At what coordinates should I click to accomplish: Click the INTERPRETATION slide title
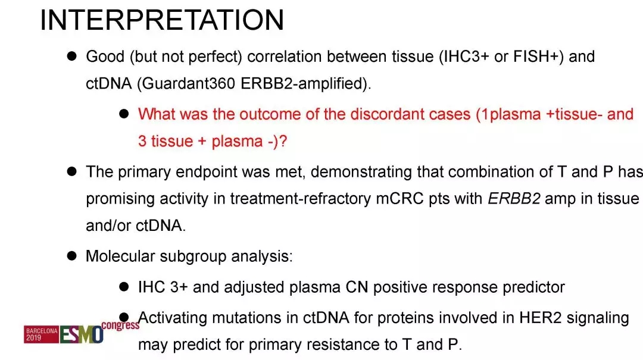[x=162, y=20]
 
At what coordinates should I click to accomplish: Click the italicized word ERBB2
[x=514, y=199]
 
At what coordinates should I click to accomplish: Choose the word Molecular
[x=120, y=256]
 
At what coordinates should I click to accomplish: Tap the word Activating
[x=172, y=318]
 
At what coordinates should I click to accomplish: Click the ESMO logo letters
[x=81, y=334]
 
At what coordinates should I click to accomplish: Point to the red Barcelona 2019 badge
[x=41, y=334]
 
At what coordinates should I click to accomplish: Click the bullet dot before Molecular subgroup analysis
[x=72, y=256]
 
